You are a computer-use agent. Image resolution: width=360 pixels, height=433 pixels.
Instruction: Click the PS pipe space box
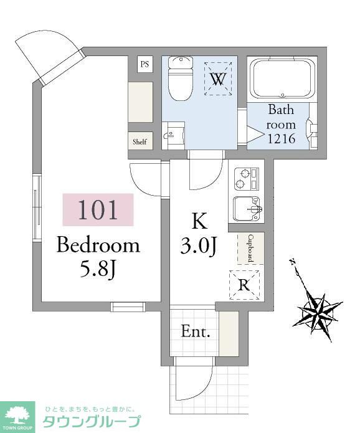point(145,64)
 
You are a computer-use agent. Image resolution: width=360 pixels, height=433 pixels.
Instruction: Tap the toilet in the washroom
point(180,79)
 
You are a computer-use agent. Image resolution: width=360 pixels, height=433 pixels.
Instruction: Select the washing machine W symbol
point(218,79)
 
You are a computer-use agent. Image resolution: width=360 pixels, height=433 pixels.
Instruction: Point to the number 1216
point(282,138)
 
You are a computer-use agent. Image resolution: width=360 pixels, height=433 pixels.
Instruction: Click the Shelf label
point(140,141)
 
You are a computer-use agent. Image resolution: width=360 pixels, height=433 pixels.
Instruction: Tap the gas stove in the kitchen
point(247,179)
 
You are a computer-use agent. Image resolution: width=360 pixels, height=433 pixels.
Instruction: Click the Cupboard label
point(250,248)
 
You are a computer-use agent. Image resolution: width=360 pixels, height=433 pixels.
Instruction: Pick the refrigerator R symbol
point(244,285)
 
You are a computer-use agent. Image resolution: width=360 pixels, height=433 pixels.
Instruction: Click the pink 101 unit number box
point(98,209)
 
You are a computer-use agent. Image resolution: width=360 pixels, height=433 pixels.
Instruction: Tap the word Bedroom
point(98,245)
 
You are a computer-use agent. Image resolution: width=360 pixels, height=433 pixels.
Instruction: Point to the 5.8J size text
point(97,269)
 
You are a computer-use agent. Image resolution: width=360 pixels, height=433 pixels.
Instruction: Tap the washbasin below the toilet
point(173,135)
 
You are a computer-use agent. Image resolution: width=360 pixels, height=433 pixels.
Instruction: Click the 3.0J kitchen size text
point(198,246)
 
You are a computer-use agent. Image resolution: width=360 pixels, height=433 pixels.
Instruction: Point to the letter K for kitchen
point(199,221)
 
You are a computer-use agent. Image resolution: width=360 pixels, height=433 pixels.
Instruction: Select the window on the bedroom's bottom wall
point(128,307)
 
